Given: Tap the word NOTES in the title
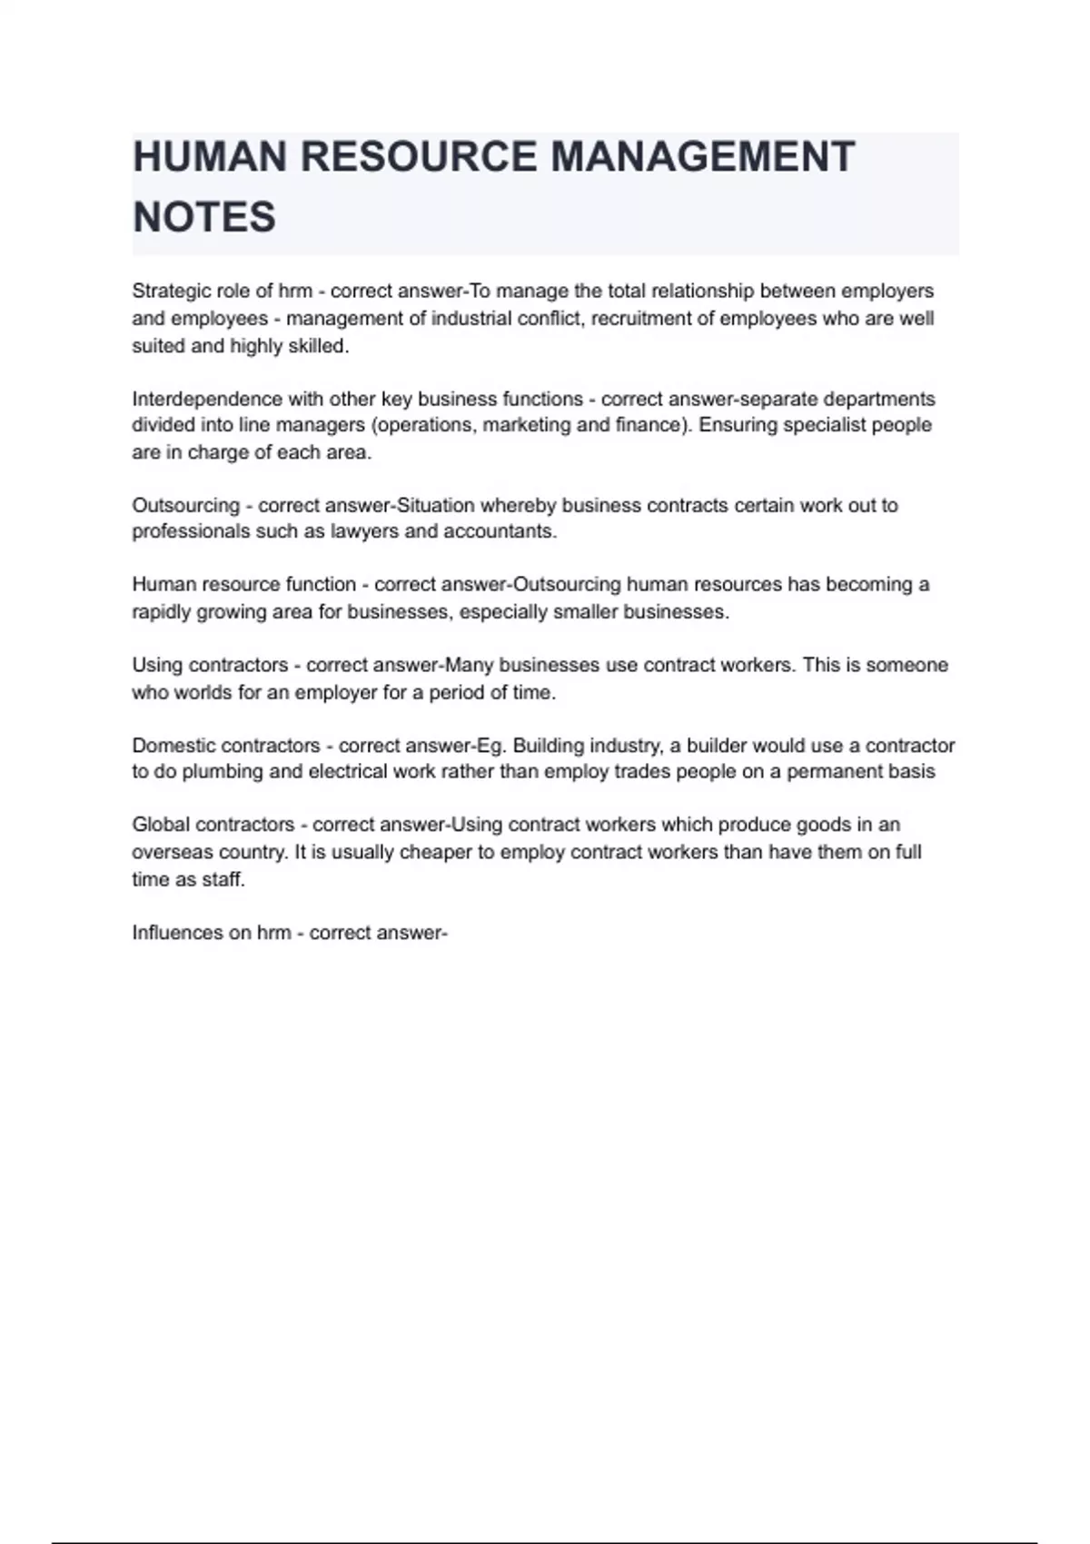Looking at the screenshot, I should click(x=204, y=218).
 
